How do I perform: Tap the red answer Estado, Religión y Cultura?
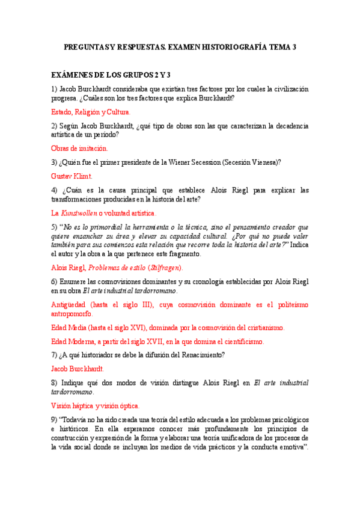tap(90, 112)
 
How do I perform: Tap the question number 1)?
tap(54, 89)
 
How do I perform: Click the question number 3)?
tap(54, 162)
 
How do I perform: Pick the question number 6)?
tap(54, 281)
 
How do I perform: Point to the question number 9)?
tap(54, 418)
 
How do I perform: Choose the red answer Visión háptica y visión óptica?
tap(95, 405)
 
